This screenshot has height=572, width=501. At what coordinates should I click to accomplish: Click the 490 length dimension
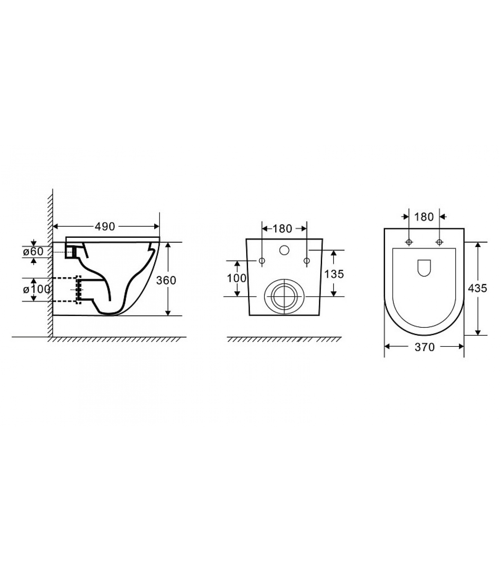tap(105, 226)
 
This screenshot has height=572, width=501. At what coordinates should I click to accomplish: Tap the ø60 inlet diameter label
tap(33, 251)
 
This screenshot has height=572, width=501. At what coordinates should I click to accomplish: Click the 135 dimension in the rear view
tap(334, 274)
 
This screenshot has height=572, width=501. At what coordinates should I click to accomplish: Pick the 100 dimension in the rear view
tap(237, 278)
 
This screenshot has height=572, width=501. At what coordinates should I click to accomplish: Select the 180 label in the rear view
tap(282, 228)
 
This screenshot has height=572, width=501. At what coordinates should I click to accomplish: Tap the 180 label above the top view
tap(424, 217)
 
